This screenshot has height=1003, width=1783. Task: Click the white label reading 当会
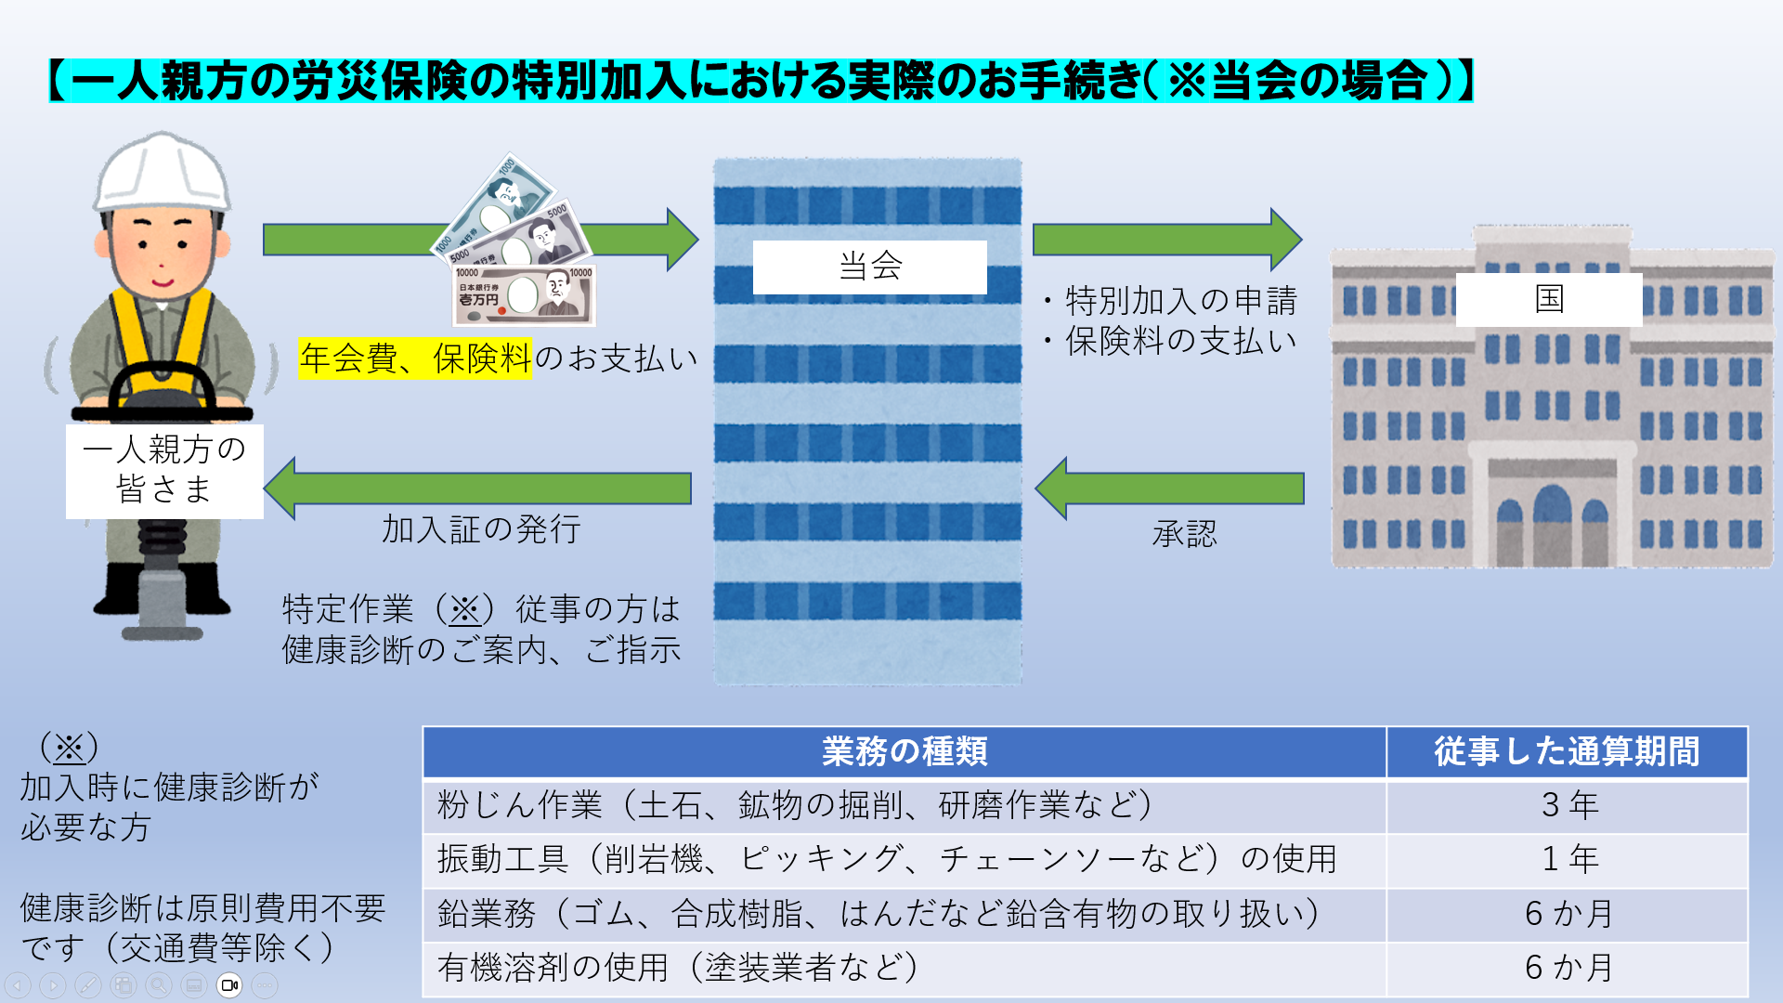coord(869,267)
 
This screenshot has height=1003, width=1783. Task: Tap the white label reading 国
coord(1548,299)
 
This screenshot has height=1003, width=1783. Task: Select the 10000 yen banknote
coord(524,295)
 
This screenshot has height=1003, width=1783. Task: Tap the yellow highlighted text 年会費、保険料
coord(415,358)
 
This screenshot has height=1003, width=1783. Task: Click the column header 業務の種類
coord(904,751)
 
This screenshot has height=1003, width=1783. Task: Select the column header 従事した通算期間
coord(1567,751)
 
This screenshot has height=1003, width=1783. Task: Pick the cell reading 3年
coord(1568,805)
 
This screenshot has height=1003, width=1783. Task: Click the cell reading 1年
coord(1568,859)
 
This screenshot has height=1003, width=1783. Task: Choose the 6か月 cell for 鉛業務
coord(1568,914)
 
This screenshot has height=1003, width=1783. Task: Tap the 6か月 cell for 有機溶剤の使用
coord(1568,968)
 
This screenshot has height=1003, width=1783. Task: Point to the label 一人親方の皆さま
coord(164,470)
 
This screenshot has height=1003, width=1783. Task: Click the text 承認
coord(1184,535)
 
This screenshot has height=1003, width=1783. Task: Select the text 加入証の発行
coord(481,529)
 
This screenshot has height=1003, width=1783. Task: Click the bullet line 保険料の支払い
coord(1179,342)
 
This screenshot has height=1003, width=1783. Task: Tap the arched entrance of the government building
coord(1552,525)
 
